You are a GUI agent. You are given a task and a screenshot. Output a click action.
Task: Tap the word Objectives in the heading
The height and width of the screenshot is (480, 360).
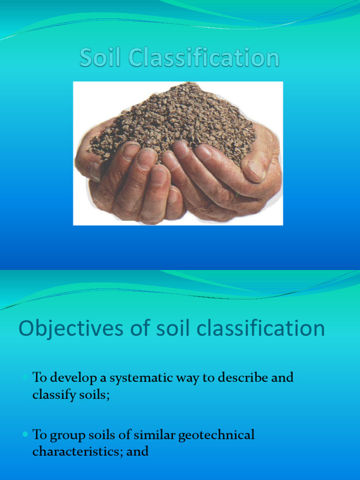[65, 329]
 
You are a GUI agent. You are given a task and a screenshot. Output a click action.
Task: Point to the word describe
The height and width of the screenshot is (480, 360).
[243, 378]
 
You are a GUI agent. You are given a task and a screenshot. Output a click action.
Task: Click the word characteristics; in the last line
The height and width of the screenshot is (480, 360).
[75, 451]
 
